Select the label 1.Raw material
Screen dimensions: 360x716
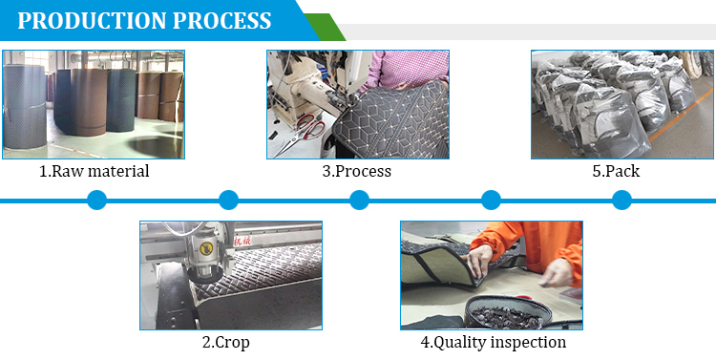94,172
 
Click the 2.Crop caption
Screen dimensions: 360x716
226,342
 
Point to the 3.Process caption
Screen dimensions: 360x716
357,172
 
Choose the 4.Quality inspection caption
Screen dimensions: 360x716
494,342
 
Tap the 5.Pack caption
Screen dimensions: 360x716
616,172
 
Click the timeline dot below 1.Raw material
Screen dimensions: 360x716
96,200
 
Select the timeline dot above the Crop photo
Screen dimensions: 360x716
228,200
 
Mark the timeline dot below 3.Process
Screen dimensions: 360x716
359,200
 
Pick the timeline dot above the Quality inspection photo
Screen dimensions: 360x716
491,200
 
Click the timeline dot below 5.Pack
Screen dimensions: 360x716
621,200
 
